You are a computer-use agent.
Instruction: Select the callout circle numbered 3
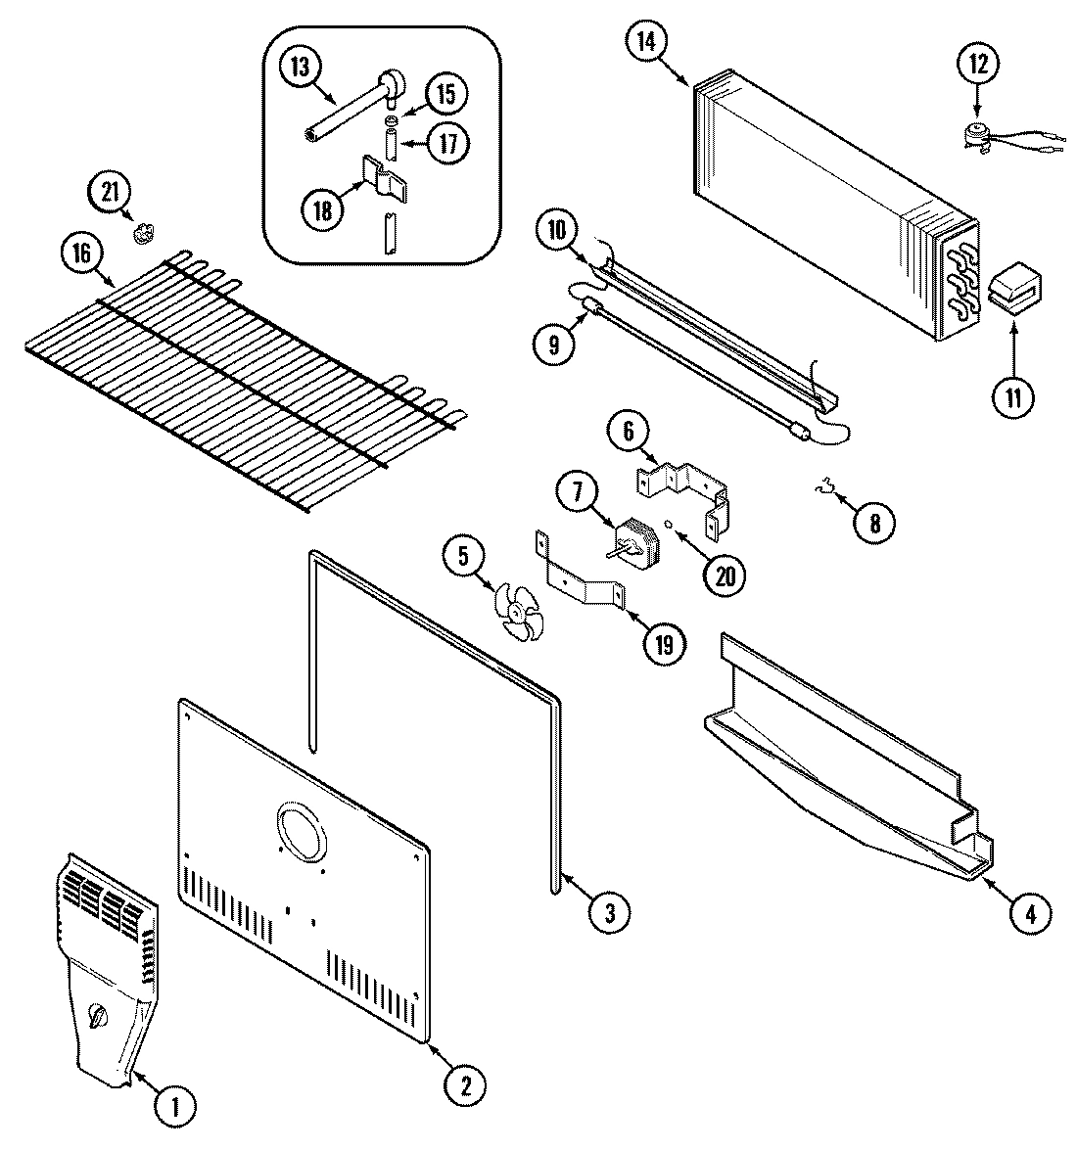(609, 912)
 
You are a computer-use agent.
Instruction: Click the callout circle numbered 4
(1031, 914)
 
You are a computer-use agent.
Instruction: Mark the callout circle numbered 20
(725, 575)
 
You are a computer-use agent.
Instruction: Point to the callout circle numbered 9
(555, 345)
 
